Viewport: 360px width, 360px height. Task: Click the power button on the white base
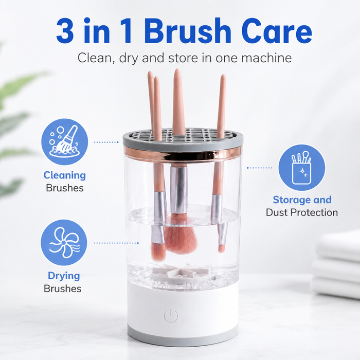point(171,316)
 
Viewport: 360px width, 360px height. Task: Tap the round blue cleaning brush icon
point(64,141)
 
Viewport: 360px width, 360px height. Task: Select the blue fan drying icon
point(64,242)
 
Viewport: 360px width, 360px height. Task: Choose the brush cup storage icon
point(302,167)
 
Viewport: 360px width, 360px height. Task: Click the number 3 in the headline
point(65,30)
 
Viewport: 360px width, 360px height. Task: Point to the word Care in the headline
point(277,31)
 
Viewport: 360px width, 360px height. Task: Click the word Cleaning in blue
point(64,175)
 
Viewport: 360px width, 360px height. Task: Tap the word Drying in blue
point(64,276)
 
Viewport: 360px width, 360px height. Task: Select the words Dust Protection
point(302,212)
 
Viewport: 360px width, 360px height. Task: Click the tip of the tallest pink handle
point(177,69)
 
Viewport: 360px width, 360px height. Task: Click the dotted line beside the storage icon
point(259,168)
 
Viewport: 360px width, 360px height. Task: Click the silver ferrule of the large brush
point(178,189)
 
